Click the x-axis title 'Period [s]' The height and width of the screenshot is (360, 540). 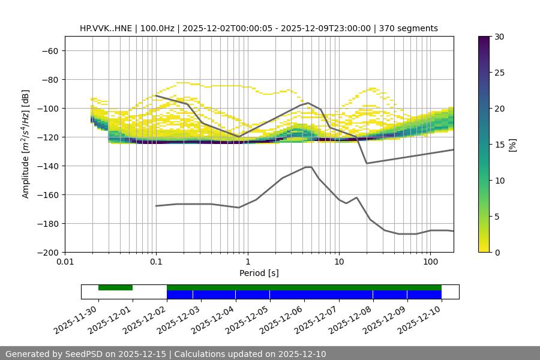[x=259, y=274]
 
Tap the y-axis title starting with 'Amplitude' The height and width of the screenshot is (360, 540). [x=26, y=145]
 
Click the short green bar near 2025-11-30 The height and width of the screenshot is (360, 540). [x=115, y=287]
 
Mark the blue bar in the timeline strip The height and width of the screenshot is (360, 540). [x=304, y=295]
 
